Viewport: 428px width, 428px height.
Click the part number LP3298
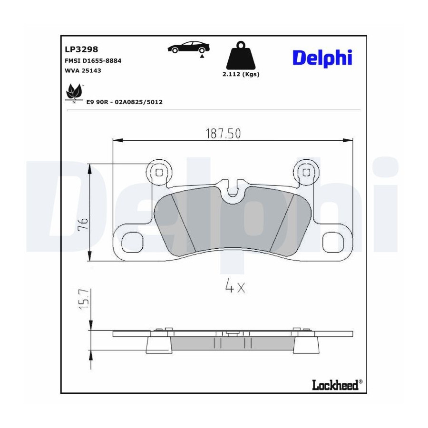(81, 49)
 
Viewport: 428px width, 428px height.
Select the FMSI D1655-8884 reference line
(93, 60)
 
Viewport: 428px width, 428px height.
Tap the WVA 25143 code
(83, 70)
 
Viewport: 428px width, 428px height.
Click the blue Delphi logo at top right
(322, 58)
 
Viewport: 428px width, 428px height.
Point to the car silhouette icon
(189, 47)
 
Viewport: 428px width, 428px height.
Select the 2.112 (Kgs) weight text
(241, 74)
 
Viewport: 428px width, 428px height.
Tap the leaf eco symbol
(74, 91)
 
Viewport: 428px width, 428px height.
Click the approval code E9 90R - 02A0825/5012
(125, 102)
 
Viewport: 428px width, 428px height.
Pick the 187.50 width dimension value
(223, 134)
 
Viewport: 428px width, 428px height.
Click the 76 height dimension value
(83, 224)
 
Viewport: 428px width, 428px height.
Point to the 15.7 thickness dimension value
(84, 299)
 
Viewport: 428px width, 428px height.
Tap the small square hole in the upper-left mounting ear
(159, 173)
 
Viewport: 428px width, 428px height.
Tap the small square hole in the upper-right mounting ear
(307, 173)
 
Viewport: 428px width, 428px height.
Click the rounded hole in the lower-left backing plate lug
(132, 243)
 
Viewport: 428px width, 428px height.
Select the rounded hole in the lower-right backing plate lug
(333, 243)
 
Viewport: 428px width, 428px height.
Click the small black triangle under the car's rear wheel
(202, 56)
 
